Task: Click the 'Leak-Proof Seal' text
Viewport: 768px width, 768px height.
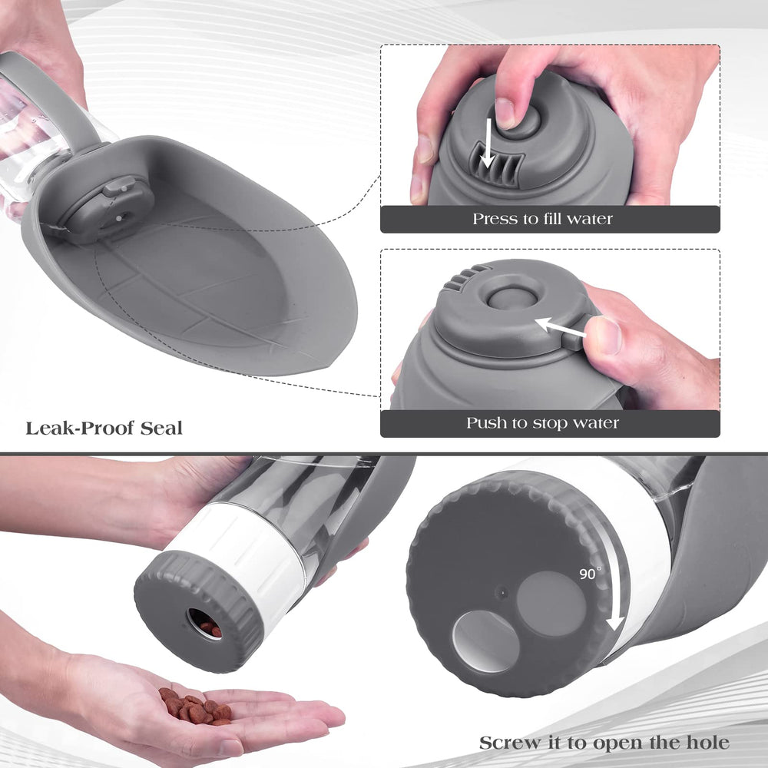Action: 104,428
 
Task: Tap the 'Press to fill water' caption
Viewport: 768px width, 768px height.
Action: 542,219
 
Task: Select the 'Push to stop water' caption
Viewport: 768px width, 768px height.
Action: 542,423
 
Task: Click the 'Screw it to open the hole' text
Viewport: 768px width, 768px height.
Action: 604,743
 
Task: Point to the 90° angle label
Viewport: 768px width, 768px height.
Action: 591,574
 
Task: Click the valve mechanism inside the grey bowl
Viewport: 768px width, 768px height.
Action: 108,207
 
